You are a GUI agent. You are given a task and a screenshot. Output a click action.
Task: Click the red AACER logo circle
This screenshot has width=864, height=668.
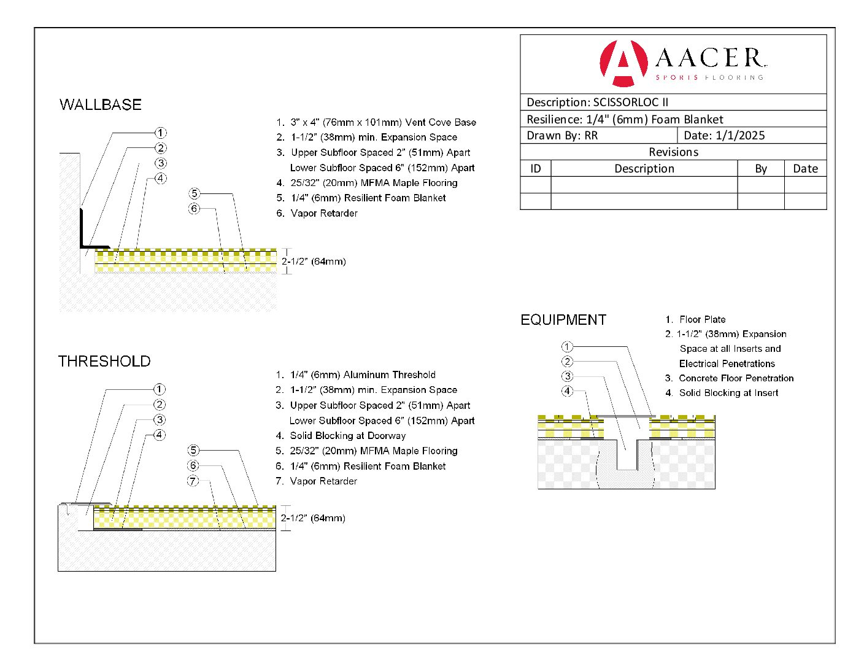(623, 63)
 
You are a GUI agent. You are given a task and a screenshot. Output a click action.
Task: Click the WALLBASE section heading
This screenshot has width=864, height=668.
(101, 105)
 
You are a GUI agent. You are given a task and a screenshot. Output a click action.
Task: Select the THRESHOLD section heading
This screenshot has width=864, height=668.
(104, 362)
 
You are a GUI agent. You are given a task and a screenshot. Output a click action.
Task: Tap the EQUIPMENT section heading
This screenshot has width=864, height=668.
(563, 320)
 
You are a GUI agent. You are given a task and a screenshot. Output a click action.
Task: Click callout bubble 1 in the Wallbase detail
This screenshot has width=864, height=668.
(160, 133)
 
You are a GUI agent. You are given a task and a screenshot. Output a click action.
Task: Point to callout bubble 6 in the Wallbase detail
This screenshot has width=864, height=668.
(194, 209)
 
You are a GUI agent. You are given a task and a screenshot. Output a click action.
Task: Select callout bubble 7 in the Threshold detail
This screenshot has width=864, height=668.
(193, 481)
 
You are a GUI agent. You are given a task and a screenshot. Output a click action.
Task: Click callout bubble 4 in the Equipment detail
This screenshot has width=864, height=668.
(567, 391)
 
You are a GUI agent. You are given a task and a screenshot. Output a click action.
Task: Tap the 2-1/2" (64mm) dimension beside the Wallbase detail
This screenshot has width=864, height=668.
(314, 262)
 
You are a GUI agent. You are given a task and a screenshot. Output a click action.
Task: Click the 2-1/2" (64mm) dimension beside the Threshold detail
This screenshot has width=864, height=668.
(313, 518)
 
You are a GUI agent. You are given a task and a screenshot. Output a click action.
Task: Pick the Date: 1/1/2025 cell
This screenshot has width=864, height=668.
(724, 136)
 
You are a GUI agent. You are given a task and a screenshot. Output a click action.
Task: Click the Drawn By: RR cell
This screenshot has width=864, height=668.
(562, 136)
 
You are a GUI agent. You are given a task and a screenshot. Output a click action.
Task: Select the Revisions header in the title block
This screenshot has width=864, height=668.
(673, 152)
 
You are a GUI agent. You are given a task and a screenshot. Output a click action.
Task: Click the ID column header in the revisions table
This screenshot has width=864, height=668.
(536, 169)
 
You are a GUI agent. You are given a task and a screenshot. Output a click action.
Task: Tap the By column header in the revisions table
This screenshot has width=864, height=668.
(761, 169)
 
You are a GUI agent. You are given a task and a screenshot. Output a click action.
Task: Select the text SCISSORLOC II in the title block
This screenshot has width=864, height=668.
(631, 103)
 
